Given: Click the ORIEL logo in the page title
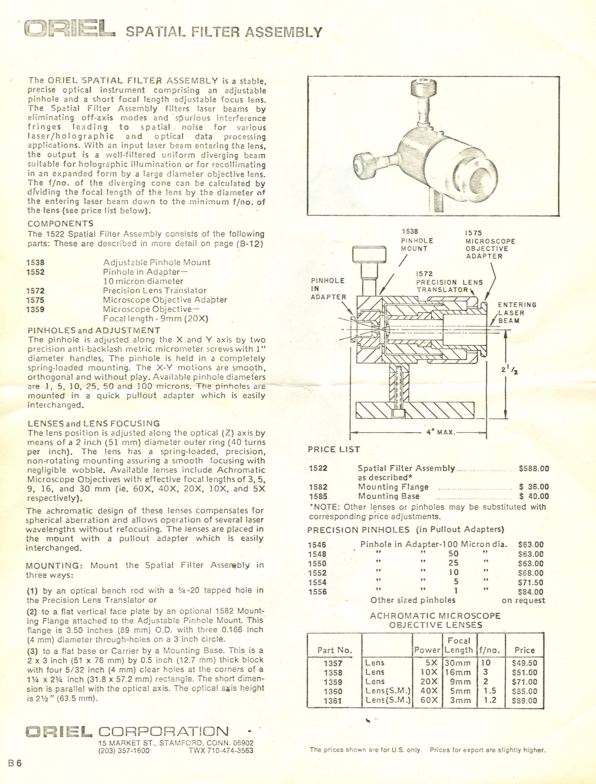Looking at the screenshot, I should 69,30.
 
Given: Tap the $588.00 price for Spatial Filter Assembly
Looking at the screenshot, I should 534,469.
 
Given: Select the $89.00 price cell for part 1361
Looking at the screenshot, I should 524,701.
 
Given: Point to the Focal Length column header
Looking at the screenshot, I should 459,645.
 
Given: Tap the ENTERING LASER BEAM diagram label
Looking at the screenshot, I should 517,312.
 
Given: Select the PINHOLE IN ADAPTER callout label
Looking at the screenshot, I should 328,289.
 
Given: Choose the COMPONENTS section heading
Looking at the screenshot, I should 60,224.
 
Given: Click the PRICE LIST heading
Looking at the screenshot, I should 334,449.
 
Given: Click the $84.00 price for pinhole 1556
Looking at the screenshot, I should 530,592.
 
